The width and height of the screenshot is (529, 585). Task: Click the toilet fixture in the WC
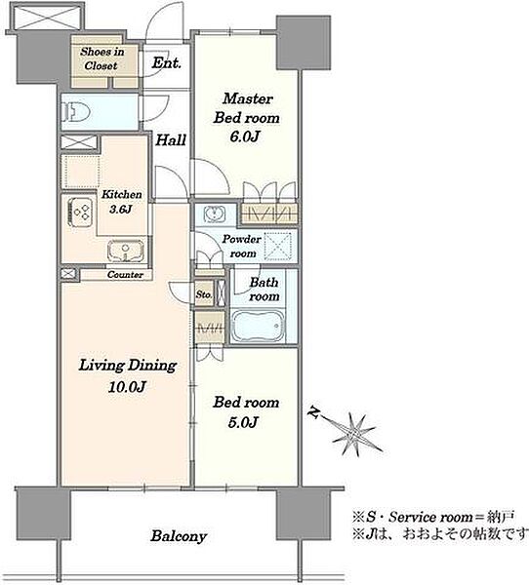click(x=76, y=111)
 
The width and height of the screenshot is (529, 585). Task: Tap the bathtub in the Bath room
click(x=258, y=326)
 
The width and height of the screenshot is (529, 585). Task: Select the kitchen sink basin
click(x=126, y=251)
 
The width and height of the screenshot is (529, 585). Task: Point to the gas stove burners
click(x=80, y=212)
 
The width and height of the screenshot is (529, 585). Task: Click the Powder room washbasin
click(x=215, y=214)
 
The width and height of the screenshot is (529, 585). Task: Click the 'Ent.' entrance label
click(x=166, y=62)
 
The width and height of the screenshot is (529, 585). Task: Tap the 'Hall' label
click(x=171, y=140)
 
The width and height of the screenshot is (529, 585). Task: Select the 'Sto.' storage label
click(x=204, y=294)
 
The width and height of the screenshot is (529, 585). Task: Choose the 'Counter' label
click(x=125, y=275)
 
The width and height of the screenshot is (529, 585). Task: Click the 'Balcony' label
click(x=179, y=536)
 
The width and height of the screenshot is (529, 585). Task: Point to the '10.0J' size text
click(x=127, y=387)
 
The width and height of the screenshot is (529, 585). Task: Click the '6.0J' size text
click(x=245, y=136)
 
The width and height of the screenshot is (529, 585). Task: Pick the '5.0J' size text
click(x=243, y=422)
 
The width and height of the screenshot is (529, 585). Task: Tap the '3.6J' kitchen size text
click(x=120, y=210)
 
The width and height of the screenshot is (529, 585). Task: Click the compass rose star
click(x=353, y=435)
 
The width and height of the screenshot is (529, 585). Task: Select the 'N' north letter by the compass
click(x=314, y=412)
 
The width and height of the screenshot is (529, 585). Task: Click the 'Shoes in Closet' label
click(x=102, y=58)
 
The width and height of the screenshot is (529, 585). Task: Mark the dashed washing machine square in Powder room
click(x=278, y=247)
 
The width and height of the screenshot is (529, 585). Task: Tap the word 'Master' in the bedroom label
click(x=248, y=98)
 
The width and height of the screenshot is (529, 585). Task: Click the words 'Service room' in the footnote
click(x=430, y=518)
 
